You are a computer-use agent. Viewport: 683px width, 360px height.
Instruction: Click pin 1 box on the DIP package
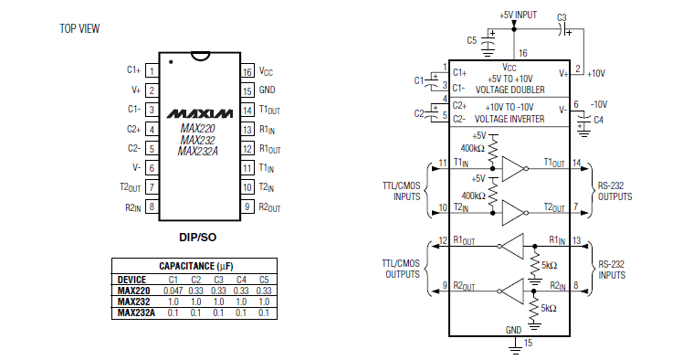pyautogui.click(x=152, y=71)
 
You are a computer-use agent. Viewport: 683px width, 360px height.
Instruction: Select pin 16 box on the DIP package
pyautogui.click(x=247, y=71)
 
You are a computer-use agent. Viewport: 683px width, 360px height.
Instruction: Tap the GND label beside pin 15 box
pyautogui.click(x=267, y=90)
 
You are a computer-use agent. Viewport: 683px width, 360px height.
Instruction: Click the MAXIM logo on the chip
pyautogui.click(x=200, y=113)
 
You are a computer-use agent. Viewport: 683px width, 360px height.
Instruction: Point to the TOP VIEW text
pyautogui.click(x=79, y=28)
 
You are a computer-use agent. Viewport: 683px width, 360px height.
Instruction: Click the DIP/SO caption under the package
pyautogui.click(x=198, y=237)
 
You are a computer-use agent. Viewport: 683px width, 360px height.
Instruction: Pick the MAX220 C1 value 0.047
pyautogui.click(x=173, y=291)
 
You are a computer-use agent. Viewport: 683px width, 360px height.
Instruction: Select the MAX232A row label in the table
pyautogui.click(x=136, y=312)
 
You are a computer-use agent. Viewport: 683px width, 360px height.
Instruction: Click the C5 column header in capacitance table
pyautogui.click(x=264, y=280)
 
